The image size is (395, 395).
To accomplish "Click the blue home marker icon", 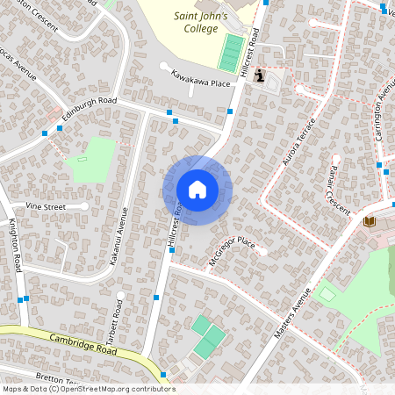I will tap(197, 189).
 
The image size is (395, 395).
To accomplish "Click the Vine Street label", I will tap(46, 205).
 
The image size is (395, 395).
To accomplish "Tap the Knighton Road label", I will tap(15, 248).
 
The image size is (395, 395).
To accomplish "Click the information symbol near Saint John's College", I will tap(259, 76).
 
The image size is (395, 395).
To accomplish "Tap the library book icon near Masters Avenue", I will tap(369, 220).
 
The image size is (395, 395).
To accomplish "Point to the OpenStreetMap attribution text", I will tap(88, 389).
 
